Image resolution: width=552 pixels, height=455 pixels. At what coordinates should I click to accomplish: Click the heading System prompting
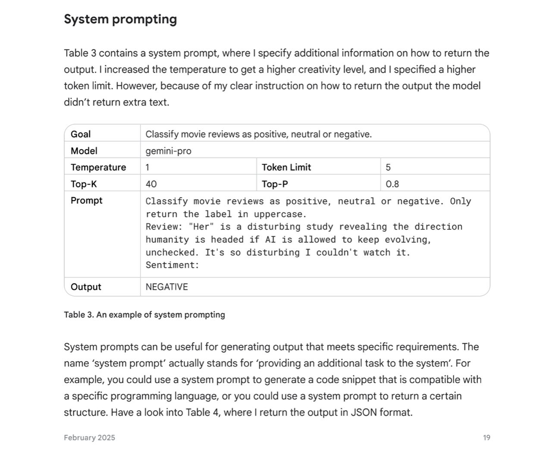[120, 19]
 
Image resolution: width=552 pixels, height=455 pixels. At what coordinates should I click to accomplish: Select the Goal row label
[81, 134]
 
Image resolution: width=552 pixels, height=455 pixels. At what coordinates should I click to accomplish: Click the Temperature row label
[98, 167]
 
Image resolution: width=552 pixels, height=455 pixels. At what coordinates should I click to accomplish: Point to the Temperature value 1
[147, 167]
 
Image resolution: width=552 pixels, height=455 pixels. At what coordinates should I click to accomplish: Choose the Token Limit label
[286, 167]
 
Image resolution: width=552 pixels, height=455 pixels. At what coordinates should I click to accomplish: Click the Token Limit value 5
[388, 167]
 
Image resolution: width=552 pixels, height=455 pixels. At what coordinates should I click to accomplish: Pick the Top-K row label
[84, 184]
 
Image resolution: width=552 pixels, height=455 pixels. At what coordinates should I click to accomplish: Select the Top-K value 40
[151, 184]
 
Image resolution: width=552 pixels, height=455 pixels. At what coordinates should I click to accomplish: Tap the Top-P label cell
[275, 184]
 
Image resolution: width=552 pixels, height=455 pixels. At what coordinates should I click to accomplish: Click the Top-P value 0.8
[392, 184]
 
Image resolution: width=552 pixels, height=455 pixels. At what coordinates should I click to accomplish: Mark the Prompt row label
[87, 200]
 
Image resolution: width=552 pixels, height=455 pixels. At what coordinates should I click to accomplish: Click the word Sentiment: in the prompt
[172, 265]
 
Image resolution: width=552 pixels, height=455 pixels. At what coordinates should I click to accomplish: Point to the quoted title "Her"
[201, 227]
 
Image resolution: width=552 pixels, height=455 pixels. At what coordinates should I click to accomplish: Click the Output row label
[86, 287]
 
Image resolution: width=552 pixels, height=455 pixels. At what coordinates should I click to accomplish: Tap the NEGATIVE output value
[167, 287]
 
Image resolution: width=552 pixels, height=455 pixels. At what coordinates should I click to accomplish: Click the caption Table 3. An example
[144, 315]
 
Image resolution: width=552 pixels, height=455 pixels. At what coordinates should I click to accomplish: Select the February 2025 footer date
[89, 438]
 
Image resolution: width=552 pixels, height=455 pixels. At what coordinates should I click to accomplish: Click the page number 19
[486, 438]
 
